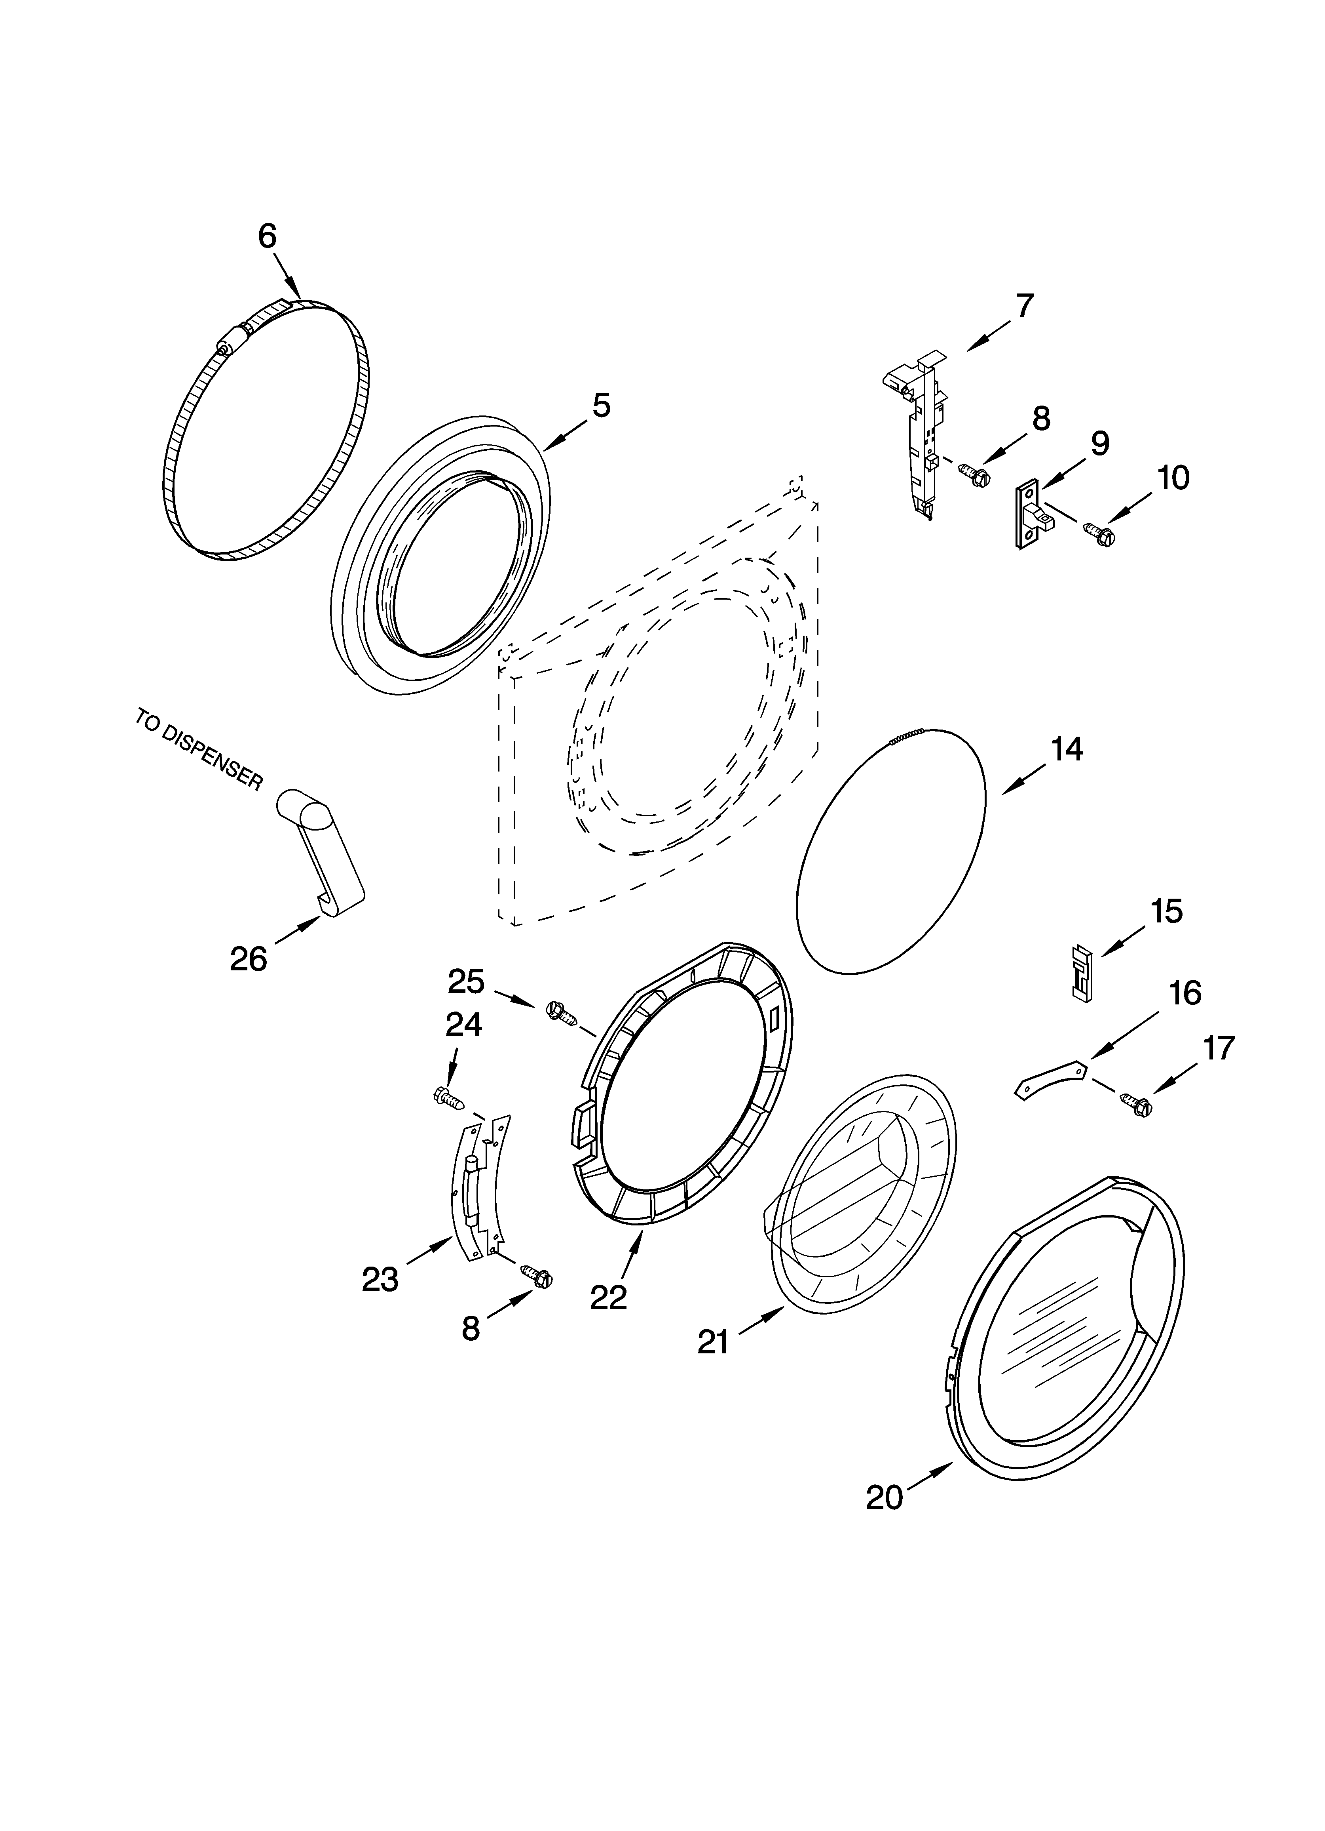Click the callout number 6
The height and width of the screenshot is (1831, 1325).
[267, 236]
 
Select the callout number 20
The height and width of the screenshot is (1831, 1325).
[885, 1498]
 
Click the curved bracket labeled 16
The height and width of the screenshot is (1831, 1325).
[1049, 1078]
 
